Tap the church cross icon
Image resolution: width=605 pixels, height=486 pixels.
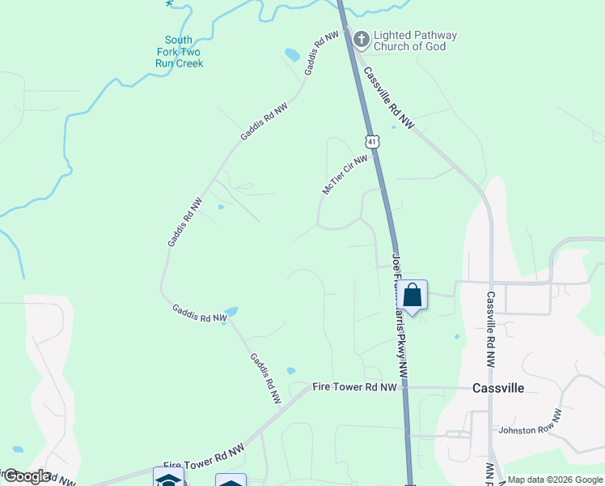tap(360, 38)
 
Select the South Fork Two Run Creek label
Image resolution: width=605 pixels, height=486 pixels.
tap(179, 51)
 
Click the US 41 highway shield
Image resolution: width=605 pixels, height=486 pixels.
tap(371, 142)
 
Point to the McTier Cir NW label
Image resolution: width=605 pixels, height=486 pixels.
tap(345, 175)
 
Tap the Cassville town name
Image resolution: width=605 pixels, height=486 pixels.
tap(497, 388)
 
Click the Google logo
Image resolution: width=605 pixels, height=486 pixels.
tap(26, 476)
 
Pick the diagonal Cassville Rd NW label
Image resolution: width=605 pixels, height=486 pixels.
tap(389, 97)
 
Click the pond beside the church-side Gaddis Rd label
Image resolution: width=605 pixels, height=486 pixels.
tap(292, 55)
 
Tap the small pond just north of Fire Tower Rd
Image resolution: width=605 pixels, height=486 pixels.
tap(290, 372)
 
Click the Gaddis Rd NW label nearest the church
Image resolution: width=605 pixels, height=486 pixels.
tap(321, 54)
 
